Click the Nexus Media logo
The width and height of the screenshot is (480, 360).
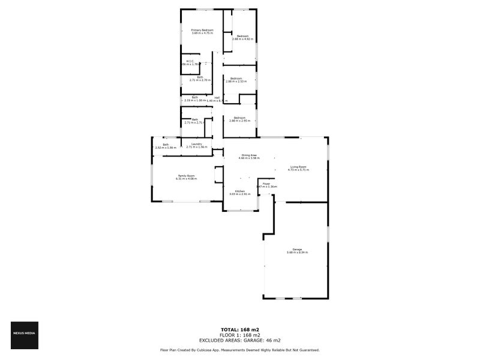25,335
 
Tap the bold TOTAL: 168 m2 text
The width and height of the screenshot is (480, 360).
239,330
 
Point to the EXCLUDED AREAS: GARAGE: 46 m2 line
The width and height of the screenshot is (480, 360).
239,340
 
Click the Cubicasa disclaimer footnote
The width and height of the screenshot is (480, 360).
239,350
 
